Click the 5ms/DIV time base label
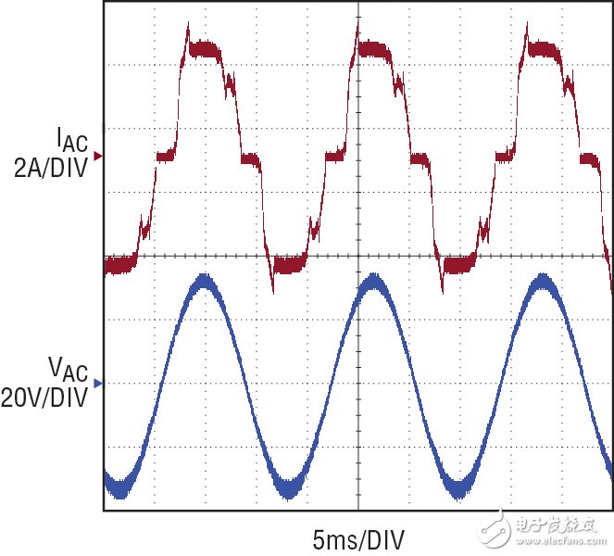click(x=358, y=537)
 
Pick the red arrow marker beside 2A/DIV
click(x=98, y=157)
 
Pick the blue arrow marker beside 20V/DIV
click(x=98, y=382)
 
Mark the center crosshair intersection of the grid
click(x=358, y=256)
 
